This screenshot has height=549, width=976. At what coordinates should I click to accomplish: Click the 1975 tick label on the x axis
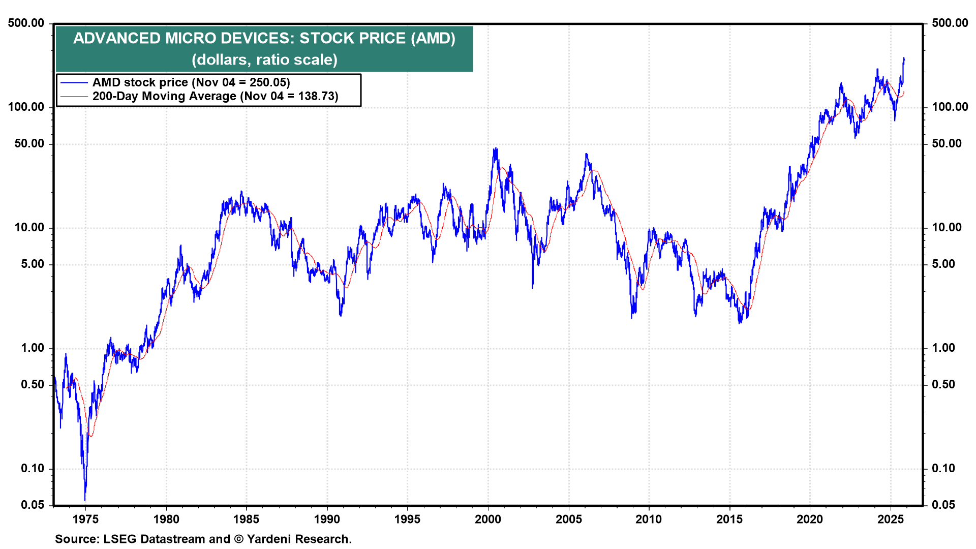(85, 519)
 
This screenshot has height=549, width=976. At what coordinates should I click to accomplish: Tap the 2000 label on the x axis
(488, 519)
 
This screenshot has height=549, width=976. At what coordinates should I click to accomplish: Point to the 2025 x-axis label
(891, 519)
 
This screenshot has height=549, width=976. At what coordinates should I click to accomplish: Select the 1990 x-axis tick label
(327, 519)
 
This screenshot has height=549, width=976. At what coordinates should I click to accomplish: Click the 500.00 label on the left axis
(26, 23)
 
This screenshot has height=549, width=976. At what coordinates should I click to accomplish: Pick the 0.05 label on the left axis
(33, 505)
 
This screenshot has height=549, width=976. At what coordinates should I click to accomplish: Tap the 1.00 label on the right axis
(943, 348)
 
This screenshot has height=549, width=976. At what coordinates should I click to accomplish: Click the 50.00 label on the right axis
(947, 143)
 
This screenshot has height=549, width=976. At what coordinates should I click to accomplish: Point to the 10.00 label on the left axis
(29, 228)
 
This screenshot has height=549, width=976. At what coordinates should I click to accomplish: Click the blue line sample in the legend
(74, 82)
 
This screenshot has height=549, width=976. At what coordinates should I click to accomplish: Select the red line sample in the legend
(74, 97)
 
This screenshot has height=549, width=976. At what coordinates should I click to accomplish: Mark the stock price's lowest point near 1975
(85, 500)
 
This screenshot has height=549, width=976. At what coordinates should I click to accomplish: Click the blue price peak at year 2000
(496, 148)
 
